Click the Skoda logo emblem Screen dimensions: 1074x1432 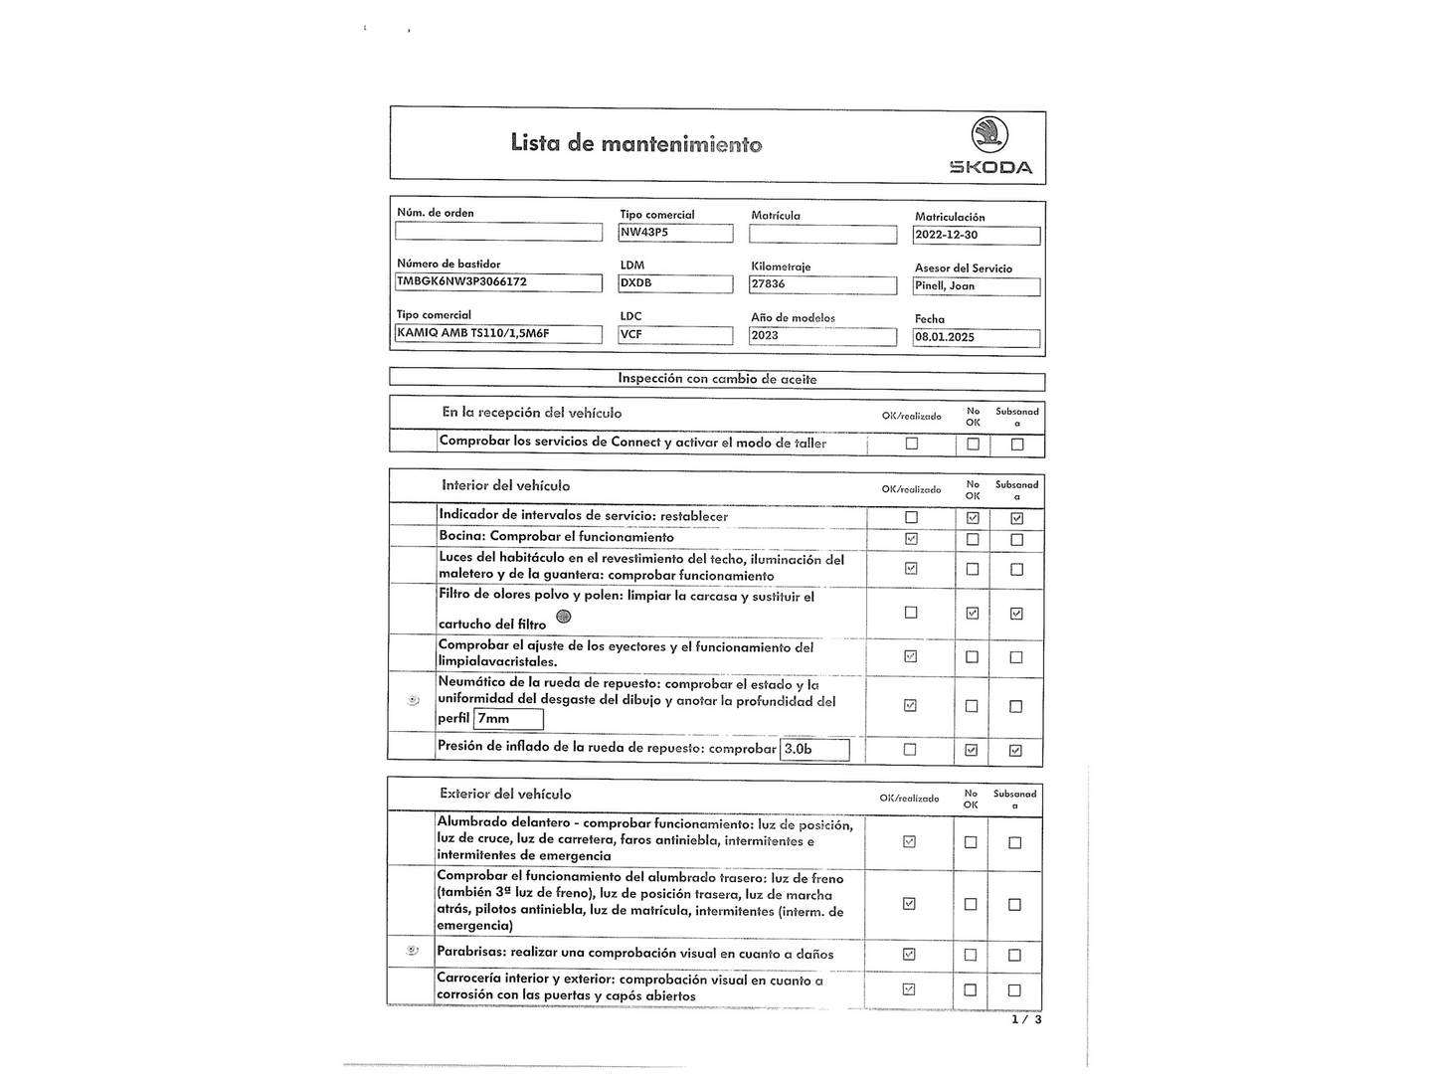[x=989, y=134]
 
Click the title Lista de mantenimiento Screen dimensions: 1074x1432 [x=636, y=144]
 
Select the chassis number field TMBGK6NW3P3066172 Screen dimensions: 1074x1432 [x=498, y=282]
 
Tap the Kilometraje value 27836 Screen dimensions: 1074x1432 [x=822, y=284]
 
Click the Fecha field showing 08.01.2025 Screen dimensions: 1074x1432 [x=977, y=337]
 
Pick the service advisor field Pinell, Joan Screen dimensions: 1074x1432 [x=977, y=286]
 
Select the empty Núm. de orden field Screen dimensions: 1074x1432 [x=498, y=232]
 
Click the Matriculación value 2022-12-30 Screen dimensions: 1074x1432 [x=977, y=236]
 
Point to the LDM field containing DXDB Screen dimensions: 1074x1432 [x=675, y=283]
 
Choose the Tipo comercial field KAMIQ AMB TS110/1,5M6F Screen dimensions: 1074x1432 [x=498, y=334]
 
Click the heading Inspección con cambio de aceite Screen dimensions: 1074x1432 [x=717, y=379]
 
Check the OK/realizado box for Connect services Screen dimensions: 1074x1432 [x=912, y=444]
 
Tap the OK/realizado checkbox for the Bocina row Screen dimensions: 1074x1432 [x=912, y=539]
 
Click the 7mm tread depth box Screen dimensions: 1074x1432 [x=509, y=719]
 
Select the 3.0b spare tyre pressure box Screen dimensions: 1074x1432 [x=815, y=749]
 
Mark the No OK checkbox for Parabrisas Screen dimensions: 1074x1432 [x=971, y=955]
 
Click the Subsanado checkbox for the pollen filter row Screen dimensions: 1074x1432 [x=1016, y=614]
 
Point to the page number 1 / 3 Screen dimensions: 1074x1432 [x=1026, y=1019]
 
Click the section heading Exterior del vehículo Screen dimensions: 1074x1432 [x=505, y=794]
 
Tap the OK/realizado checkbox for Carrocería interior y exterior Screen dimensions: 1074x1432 [x=909, y=989]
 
